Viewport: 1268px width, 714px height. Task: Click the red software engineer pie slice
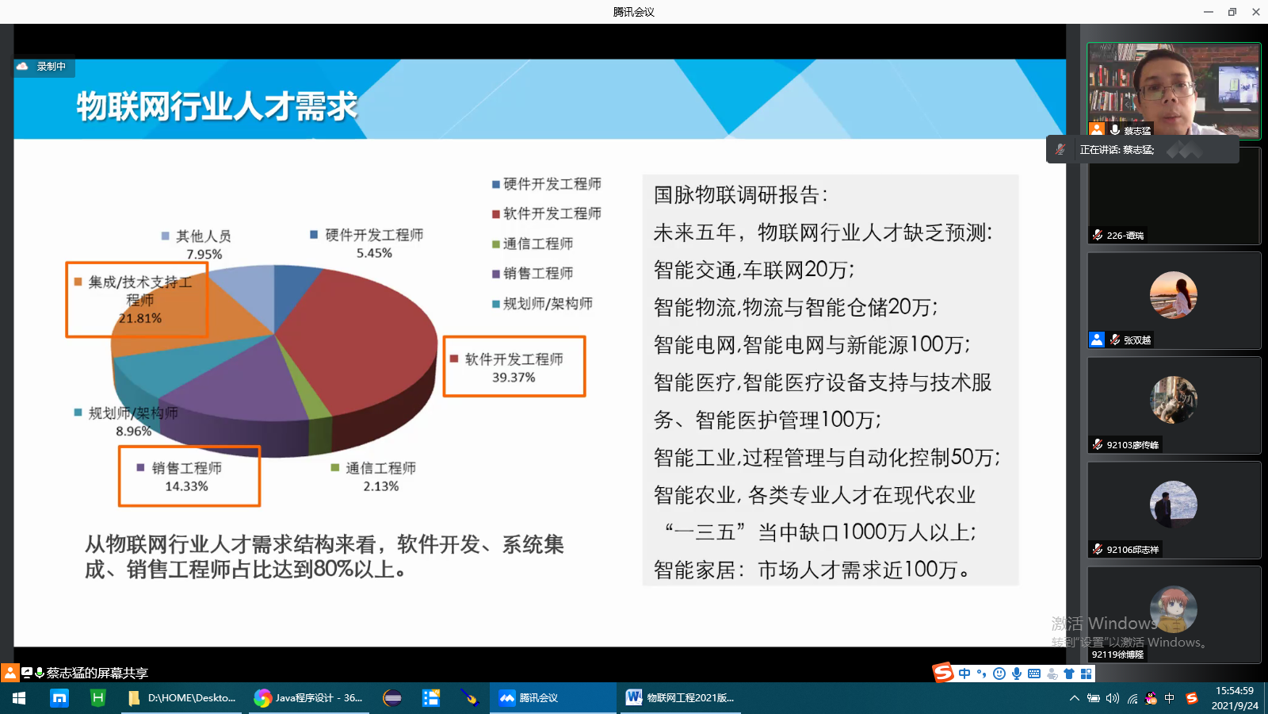pyautogui.click(x=362, y=340)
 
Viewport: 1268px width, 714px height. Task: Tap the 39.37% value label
pyautogui.click(x=514, y=378)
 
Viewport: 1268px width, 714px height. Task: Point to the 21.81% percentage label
pyautogui.click(x=139, y=318)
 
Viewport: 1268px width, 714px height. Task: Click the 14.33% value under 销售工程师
pyautogui.click(x=186, y=486)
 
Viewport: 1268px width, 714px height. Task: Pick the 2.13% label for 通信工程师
pyautogui.click(x=381, y=486)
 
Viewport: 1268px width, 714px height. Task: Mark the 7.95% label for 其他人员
pyautogui.click(x=204, y=254)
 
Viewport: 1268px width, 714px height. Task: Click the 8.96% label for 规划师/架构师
pyautogui.click(x=134, y=432)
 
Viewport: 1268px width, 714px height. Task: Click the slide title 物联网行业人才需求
pyautogui.click(x=217, y=106)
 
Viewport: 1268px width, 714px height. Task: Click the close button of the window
pyautogui.click(x=1255, y=12)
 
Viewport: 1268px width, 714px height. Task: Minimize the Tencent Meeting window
pyautogui.click(x=1209, y=12)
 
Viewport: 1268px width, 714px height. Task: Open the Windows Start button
pyautogui.click(x=19, y=698)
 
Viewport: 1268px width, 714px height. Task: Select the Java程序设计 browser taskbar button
pyautogui.click(x=308, y=698)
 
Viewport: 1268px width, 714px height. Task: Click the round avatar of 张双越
pyautogui.click(x=1173, y=294)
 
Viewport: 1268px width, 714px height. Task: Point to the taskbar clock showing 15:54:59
pyautogui.click(x=1235, y=691)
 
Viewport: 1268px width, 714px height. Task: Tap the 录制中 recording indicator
pyautogui.click(x=44, y=67)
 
